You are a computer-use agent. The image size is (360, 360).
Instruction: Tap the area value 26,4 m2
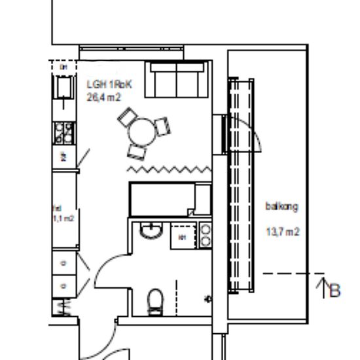click(x=103, y=97)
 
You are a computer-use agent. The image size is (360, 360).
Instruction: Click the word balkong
click(x=282, y=207)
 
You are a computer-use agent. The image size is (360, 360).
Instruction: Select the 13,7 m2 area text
click(x=282, y=231)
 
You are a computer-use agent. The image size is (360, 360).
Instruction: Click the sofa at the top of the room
click(x=177, y=79)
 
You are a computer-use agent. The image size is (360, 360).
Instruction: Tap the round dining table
click(x=143, y=133)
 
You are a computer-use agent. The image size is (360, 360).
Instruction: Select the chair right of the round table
click(x=163, y=124)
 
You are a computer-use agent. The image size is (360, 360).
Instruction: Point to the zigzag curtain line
click(x=168, y=170)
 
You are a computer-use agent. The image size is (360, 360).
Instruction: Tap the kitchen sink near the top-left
click(x=63, y=86)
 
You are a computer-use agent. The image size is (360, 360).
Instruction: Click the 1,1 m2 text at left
click(x=63, y=218)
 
